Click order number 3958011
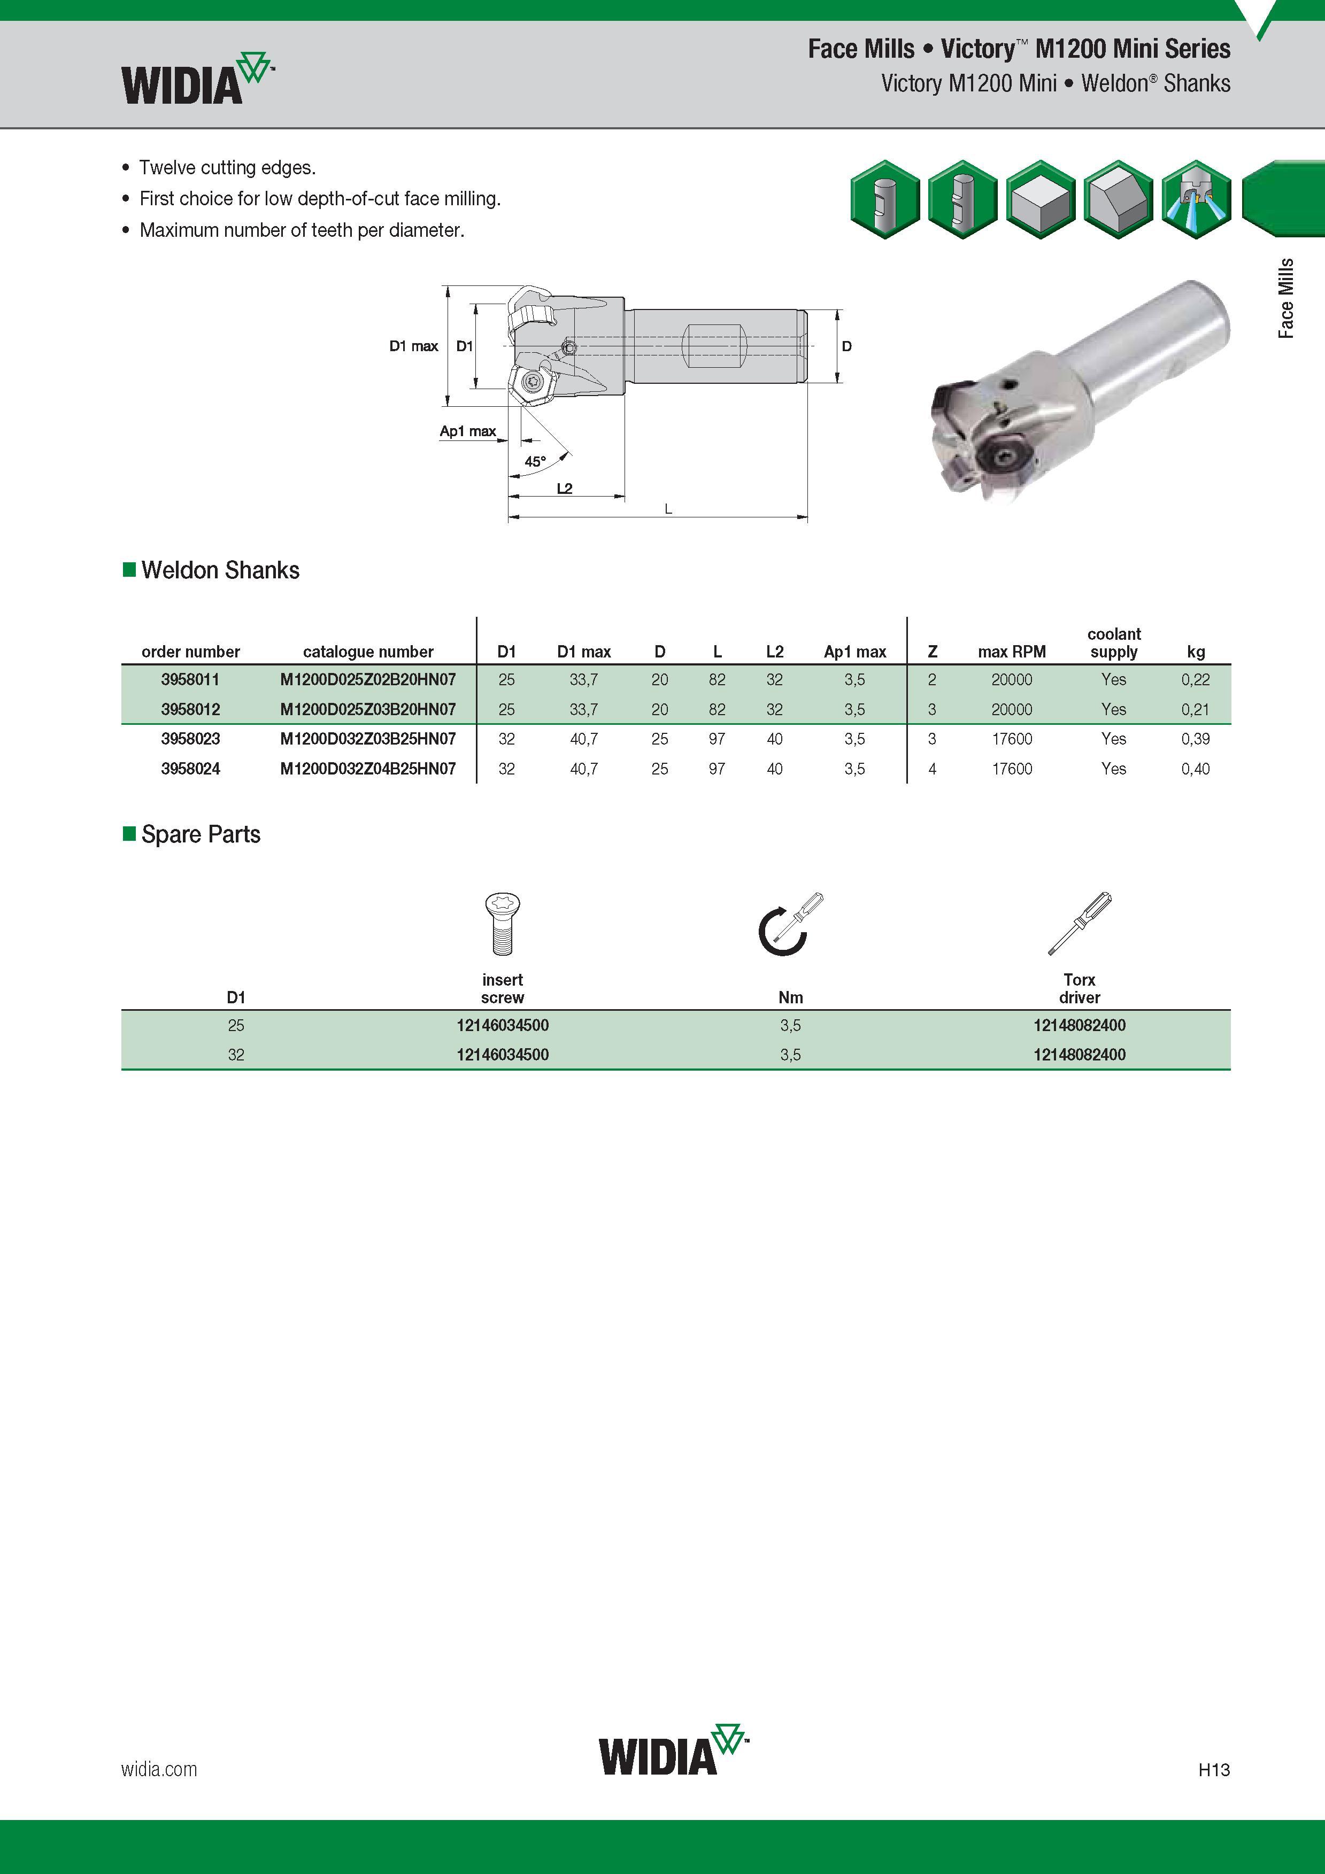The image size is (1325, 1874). click(190, 679)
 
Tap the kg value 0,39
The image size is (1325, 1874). click(1195, 739)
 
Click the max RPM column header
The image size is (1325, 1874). click(1012, 652)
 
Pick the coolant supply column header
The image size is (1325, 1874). click(1114, 643)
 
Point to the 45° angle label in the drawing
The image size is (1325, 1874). click(535, 462)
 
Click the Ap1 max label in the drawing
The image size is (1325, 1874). click(468, 431)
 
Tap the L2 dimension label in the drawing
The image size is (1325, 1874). click(564, 488)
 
